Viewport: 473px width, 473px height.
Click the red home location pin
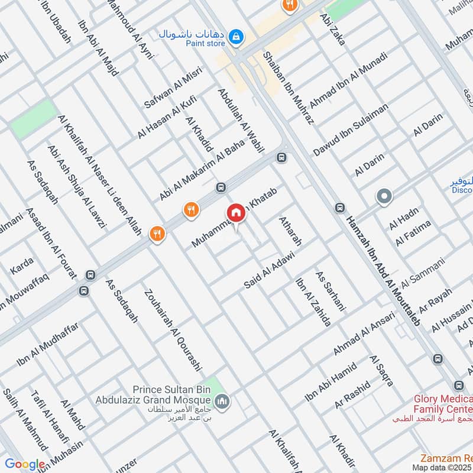[x=235, y=213]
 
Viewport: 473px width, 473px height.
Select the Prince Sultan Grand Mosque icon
[x=223, y=403]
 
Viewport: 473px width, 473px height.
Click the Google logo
[x=24, y=465]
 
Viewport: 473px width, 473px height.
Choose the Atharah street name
[x=291, y=232]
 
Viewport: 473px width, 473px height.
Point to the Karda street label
[x=22, y=266]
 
